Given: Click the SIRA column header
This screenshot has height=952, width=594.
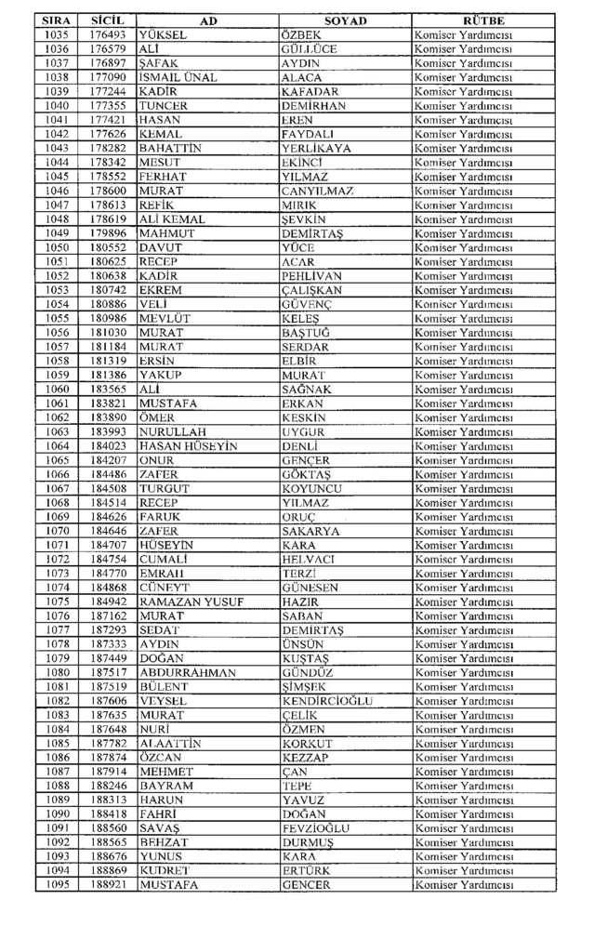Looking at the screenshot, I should (57, 20).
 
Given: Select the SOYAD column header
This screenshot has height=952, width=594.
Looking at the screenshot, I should (345, 20).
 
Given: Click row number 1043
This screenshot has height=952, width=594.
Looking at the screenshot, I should (57, 148).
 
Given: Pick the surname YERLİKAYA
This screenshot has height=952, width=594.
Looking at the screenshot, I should (316, 148).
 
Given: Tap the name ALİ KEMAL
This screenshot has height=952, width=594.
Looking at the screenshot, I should (172, 218).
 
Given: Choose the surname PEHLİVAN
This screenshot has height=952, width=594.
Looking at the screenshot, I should (311, 275).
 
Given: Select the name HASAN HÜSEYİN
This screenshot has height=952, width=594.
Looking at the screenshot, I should (188, 446).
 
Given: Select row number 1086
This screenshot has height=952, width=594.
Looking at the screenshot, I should (57, 758).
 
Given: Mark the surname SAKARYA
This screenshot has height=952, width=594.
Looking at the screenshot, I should (310, 531).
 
